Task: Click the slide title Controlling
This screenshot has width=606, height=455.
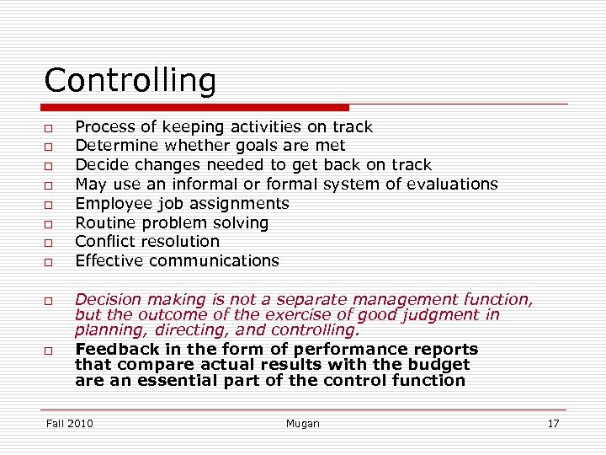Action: (x=130, y=81)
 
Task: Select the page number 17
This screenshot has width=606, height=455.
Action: (x=553, y=423)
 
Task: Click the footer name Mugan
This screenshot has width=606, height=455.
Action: (x=302, y=423)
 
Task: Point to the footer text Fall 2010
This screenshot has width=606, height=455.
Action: (x=70, y=423)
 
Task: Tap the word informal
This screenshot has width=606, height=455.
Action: (x=205, y=184)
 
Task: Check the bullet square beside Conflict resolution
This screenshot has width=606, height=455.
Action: (x=50, y=243)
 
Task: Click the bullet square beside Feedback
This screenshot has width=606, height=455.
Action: (x=50, y=350)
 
